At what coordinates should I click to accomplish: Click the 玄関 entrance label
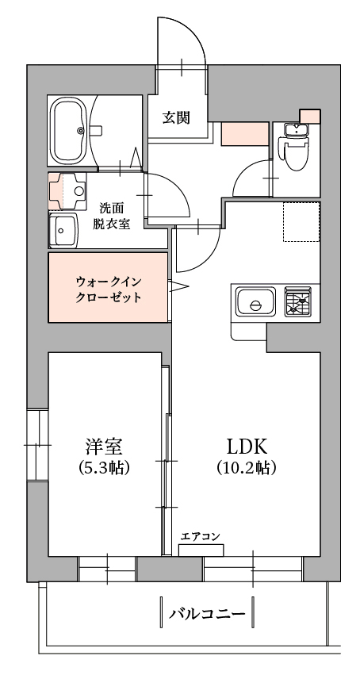tap(176, 117)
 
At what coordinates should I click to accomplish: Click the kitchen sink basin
tap(255, 301)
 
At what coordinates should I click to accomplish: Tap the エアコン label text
tap(201, 536)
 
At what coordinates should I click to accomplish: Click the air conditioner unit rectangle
tap(201, 550)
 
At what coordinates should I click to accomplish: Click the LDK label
tap(247, 447)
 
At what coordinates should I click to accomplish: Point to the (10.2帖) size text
tap(246, 467)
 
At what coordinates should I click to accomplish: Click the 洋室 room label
tap(104, 447)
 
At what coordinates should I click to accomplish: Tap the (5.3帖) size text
tap(104, 467)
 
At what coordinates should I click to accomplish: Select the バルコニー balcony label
tap(207, 613)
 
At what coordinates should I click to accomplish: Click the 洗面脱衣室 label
tap(112, 216)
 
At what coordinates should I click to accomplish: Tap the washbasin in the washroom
tap(63, 231)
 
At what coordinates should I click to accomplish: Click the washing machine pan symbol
tap(67, 190)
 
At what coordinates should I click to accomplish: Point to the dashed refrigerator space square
tap(301, 222)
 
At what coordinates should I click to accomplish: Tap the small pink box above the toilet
tap(310, 116)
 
